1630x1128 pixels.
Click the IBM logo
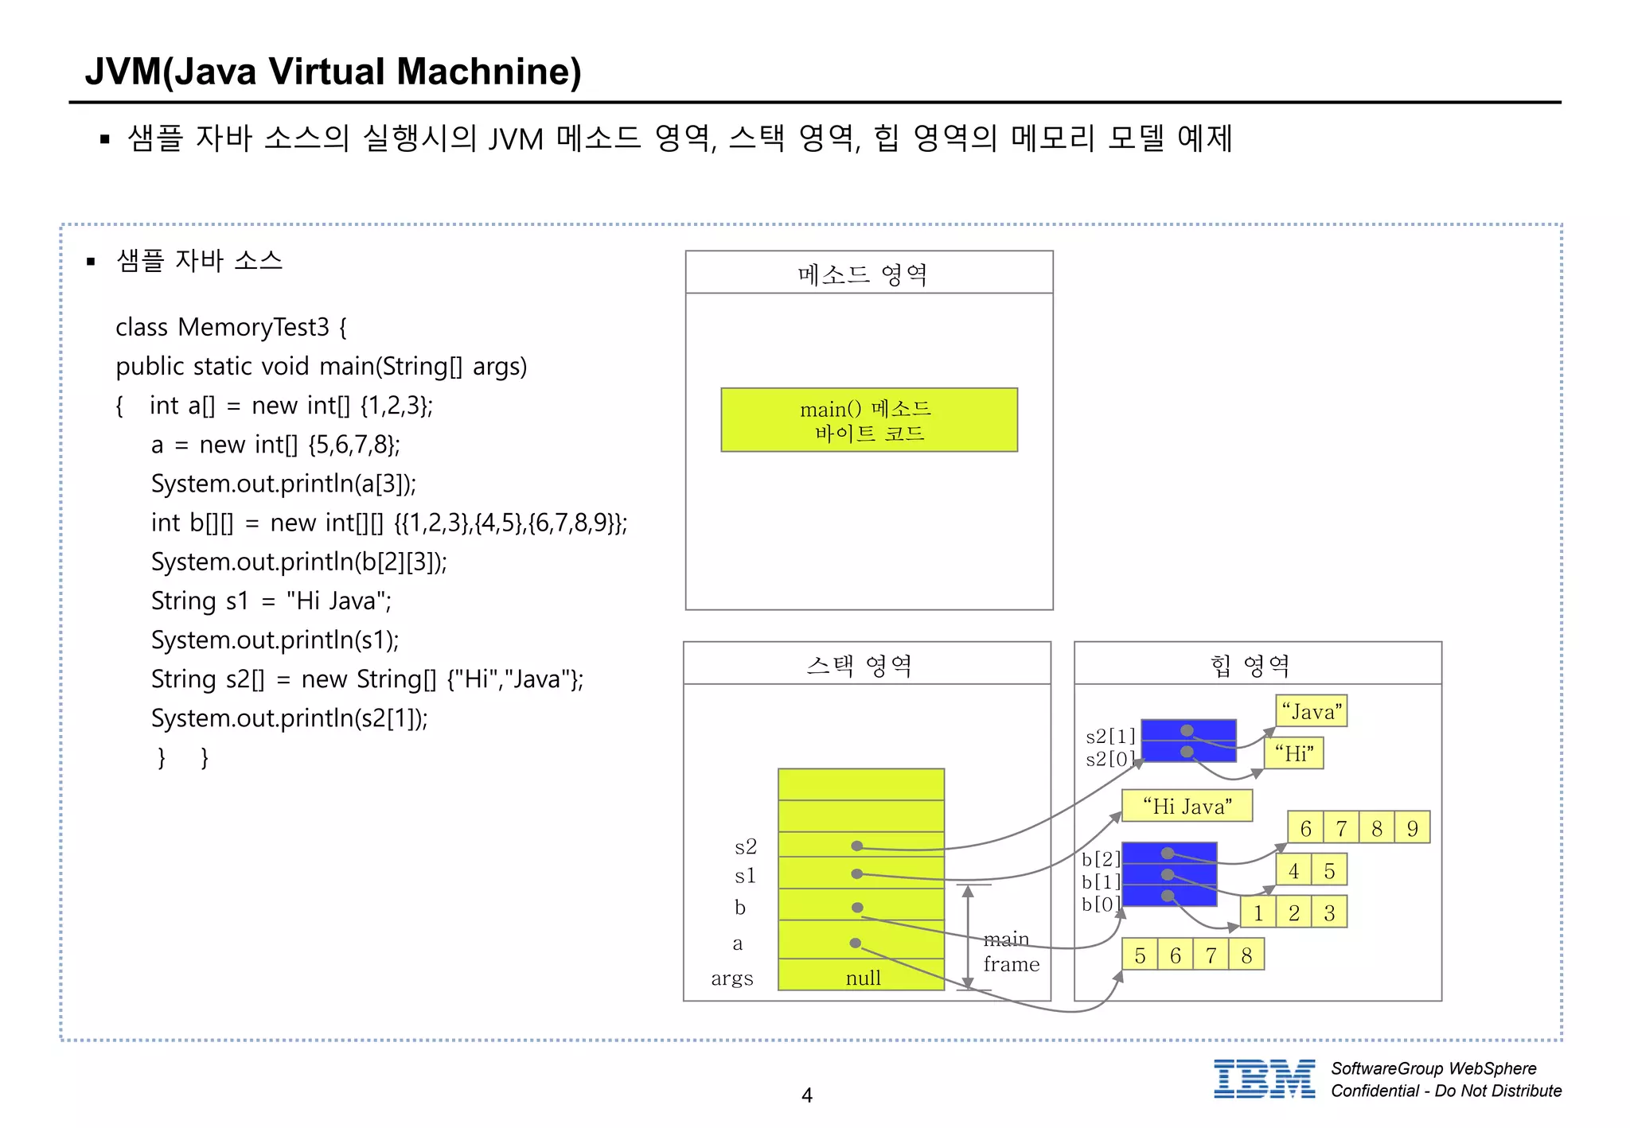pos(1264,1079)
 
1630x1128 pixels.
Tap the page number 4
pos(806,1095)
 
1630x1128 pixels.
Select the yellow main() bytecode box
pos(868,420)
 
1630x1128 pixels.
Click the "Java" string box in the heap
pos(1311,711)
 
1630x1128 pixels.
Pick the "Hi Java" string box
pos(1187,806)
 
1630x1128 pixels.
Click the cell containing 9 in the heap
pos(1413,828)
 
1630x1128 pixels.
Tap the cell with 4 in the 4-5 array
pos(1294,870)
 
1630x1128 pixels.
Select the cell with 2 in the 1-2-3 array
pos(1294,912)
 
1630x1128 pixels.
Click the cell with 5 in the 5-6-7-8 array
pos(1140,955)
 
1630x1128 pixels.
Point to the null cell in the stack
pos(863,977)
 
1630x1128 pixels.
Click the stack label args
pos(731,978)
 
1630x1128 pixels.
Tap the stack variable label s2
pos(745,846)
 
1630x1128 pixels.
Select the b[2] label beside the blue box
pos(1101,858)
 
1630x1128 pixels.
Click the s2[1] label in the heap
pos(1110,736)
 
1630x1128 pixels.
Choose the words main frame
pos(1010,951)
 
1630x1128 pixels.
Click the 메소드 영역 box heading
pos(863,274)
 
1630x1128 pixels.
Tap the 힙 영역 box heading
pos(1250,665)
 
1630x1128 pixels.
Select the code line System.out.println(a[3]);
pos(283,484)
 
